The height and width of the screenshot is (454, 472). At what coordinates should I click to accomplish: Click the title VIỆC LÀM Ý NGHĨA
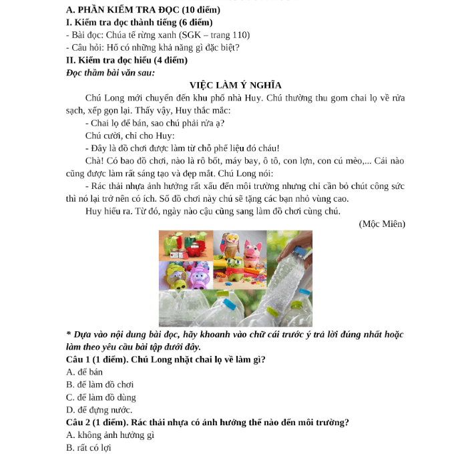pos(236,85)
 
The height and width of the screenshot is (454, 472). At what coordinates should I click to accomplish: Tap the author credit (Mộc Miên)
pos(381,224)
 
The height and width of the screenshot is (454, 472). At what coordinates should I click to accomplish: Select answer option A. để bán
pos(85,372)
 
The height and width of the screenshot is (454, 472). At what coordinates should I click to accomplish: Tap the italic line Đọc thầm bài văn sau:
pos(110,72)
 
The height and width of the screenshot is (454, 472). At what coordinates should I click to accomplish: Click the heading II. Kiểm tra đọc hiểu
pos(127,60)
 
